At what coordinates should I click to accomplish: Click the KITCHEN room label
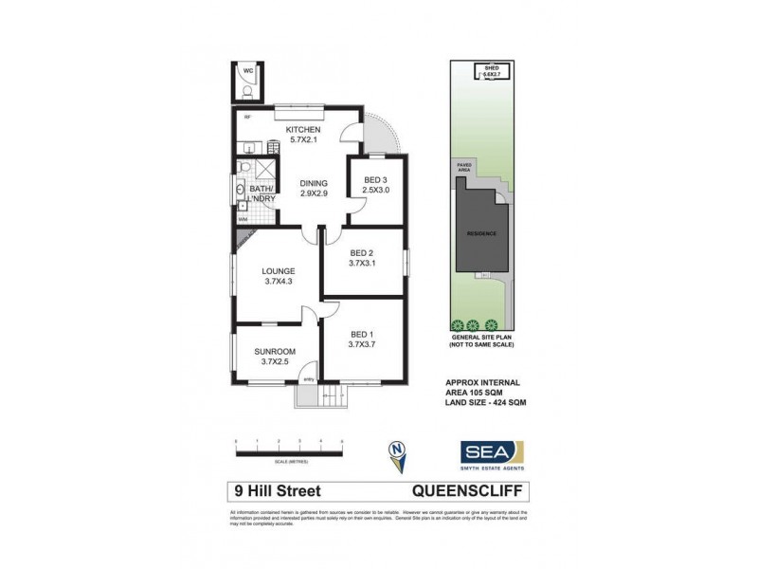291,130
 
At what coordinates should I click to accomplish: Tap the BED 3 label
375,179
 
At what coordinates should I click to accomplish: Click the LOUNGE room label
280,270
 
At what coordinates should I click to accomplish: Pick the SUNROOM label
275,352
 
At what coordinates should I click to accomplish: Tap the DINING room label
314,183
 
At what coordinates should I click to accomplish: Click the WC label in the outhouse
246,71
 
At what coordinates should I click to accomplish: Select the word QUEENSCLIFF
471,491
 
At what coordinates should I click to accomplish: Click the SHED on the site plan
492,71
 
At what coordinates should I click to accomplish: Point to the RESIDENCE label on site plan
481,232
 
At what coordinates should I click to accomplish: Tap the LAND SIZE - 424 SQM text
485,403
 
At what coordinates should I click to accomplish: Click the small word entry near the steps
308,380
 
